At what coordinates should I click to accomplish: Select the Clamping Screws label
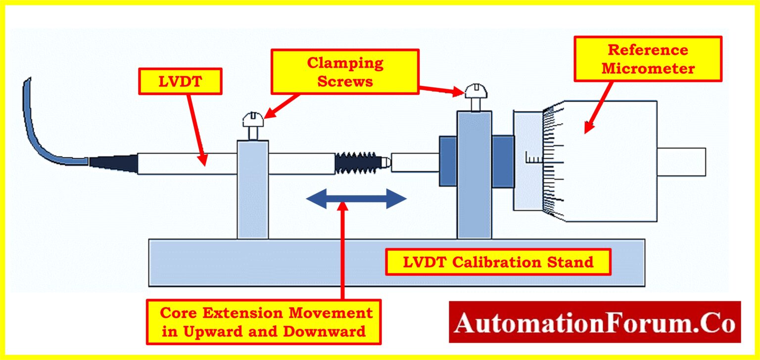click(345, 72)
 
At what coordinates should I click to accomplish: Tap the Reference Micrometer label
click(648, 59)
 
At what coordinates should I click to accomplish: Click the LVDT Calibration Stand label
click(498, 262)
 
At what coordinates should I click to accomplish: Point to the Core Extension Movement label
click(263, 322)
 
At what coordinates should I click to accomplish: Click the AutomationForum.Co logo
click(594, 322)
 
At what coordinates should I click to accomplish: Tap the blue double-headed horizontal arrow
click(356, 199)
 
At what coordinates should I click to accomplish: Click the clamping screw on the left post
click(253, 126)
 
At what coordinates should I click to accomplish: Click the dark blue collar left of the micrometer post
click(447, 162)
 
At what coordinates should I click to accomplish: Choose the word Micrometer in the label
click(648, 68)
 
